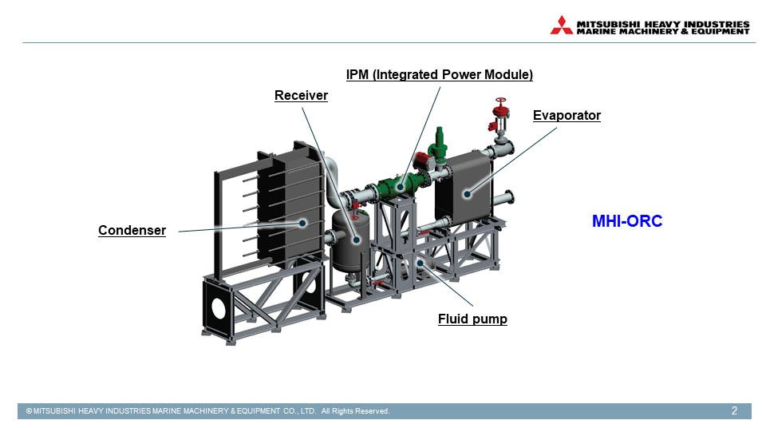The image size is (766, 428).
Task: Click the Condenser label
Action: [x=132, y=231]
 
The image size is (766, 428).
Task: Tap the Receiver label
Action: [x=301, y=96]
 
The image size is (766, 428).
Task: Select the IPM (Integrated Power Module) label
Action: [x=439, y=75]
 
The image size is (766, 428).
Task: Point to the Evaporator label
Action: [x=567, y=116]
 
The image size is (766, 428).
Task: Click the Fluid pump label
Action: [x=472, y=319]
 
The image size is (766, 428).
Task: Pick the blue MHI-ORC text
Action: [x=627, y=222]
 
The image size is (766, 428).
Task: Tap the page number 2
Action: [x=734, y=411]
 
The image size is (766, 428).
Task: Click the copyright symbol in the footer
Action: [x=29, y=411]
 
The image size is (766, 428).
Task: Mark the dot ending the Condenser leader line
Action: [x=302, y=222]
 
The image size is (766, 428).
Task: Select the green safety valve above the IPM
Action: [x=437, y=144]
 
